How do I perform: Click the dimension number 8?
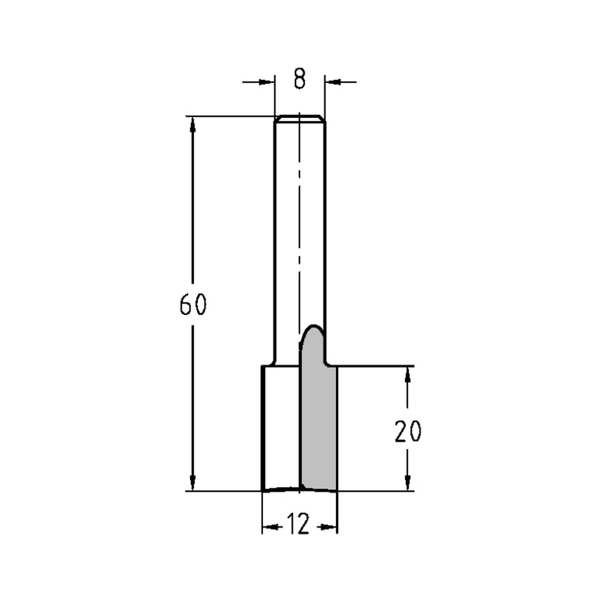pos(300,79)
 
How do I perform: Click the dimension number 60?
pos(193,305)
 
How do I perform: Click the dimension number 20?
pos(408,432)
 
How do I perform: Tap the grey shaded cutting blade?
pos(319,421)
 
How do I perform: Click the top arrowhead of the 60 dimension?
pos(193,123)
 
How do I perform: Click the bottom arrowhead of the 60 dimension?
pos(193,483)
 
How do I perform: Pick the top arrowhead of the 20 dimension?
pos(408,374)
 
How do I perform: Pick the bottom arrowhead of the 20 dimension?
pos(408,483)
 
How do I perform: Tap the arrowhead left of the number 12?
pos(271,527)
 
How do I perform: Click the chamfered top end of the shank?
pos(300,118)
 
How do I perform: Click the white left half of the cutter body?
pos(282,427)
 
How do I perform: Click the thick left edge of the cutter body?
pos(263,427)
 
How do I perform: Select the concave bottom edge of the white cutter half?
pos(282,489)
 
